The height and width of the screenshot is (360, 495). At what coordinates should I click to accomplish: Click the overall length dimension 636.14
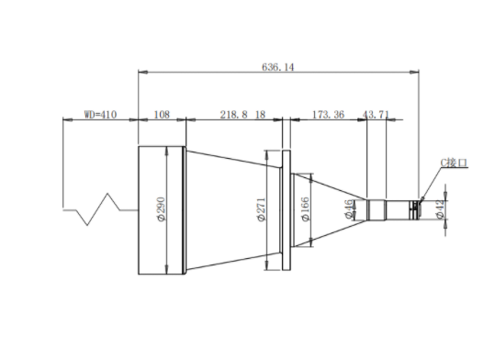point(277,67)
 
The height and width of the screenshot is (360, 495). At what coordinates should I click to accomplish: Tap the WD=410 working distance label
point(100,114)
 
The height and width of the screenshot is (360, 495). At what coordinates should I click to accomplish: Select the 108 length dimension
point(162,114)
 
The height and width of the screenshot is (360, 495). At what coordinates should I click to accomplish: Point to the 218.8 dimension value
point(233,114)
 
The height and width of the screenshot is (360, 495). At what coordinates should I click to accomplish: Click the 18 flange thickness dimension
point(260,114)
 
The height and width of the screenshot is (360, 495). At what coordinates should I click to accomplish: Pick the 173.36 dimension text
point(328,114)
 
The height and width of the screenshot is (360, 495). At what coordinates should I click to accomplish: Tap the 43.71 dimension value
point(376,114)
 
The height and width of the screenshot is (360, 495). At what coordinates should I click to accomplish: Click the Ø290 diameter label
point(161,209)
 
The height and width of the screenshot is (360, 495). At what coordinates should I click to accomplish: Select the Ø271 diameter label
point(262,209)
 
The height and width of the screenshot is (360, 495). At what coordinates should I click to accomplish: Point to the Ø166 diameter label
point(306,209)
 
